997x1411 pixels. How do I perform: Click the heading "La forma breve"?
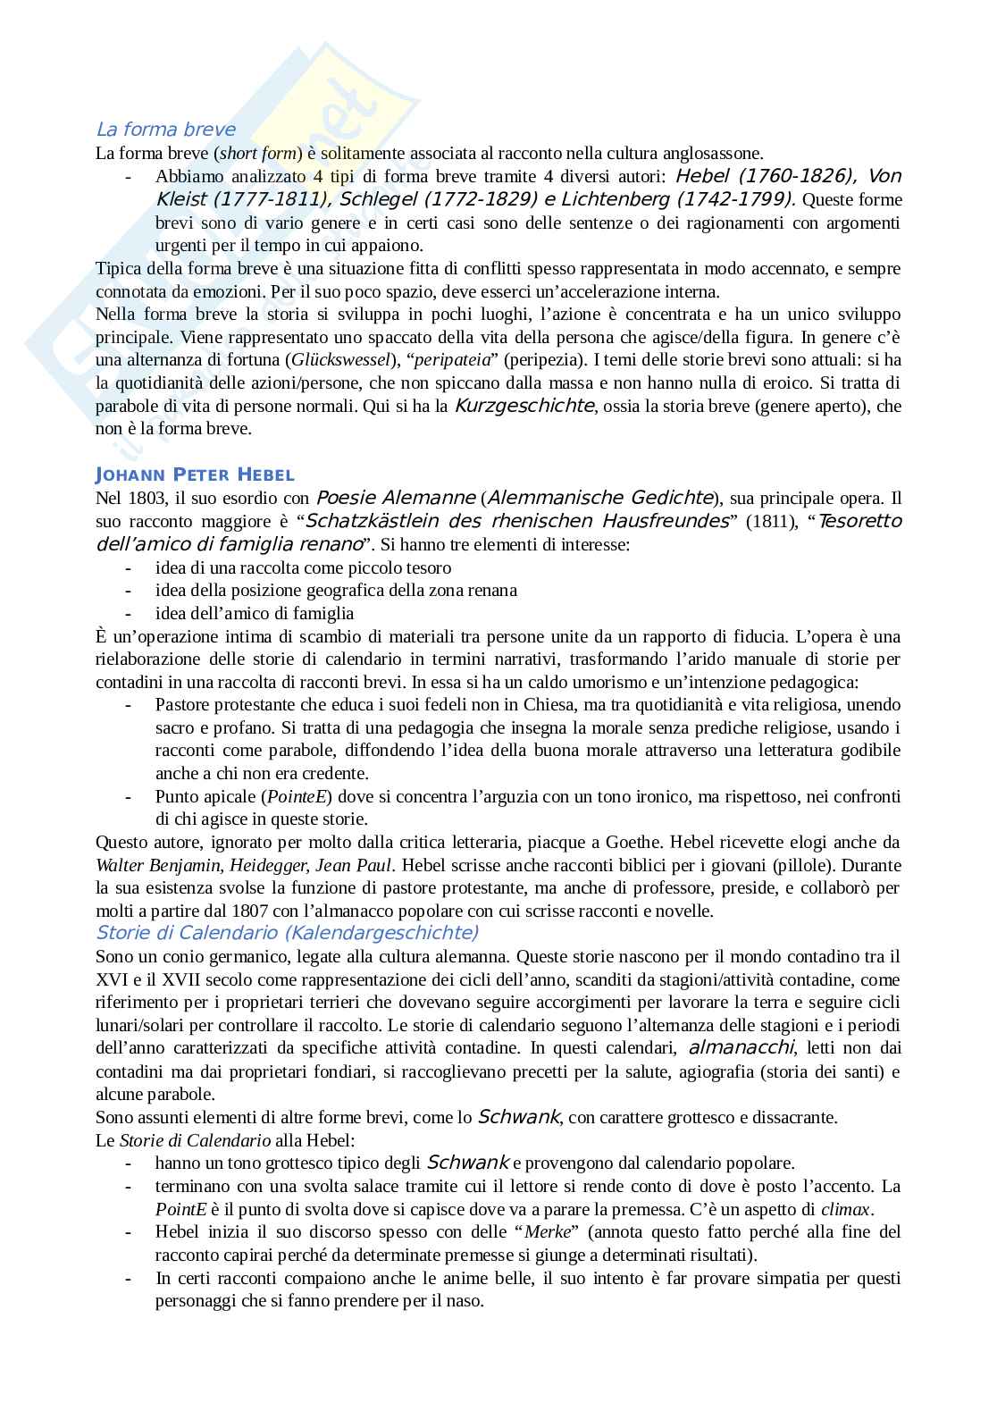point(165,130)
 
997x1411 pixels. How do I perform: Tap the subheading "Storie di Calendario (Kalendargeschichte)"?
point(287,933)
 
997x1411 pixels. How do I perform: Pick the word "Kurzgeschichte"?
point(524,406)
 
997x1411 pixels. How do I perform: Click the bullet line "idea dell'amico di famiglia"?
point(255,613)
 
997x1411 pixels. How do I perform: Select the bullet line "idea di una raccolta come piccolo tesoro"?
point(303,567)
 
